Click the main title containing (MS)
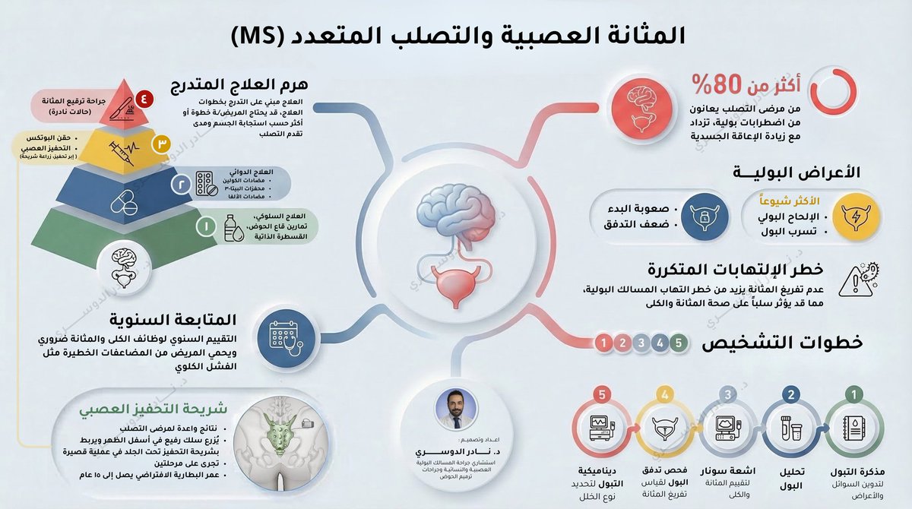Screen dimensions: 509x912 (456, 35)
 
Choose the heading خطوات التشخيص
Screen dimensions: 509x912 (782, 343)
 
